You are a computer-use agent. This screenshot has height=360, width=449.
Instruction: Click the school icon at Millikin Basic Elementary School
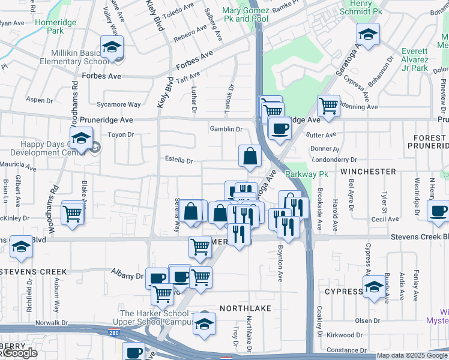tap(112, 47)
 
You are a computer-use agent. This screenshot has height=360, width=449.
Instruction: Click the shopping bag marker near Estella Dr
tap(250, 156)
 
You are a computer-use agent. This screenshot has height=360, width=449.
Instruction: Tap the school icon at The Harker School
tap(204, 324)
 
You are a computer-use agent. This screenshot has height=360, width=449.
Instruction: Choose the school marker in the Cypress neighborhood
tap(373, 287)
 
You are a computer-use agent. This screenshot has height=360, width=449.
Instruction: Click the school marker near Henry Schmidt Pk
tap(368, 34)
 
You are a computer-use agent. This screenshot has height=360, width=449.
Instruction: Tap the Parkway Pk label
tap(306, 174)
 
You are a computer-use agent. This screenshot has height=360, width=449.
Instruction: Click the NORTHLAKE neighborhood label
tap(246, 308)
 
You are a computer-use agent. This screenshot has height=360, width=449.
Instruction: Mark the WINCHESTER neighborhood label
tap(368, 172)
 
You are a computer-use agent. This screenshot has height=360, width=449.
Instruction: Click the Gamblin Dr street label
tap(225, 129)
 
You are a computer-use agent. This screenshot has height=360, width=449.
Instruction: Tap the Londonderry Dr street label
tap(334, 160)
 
